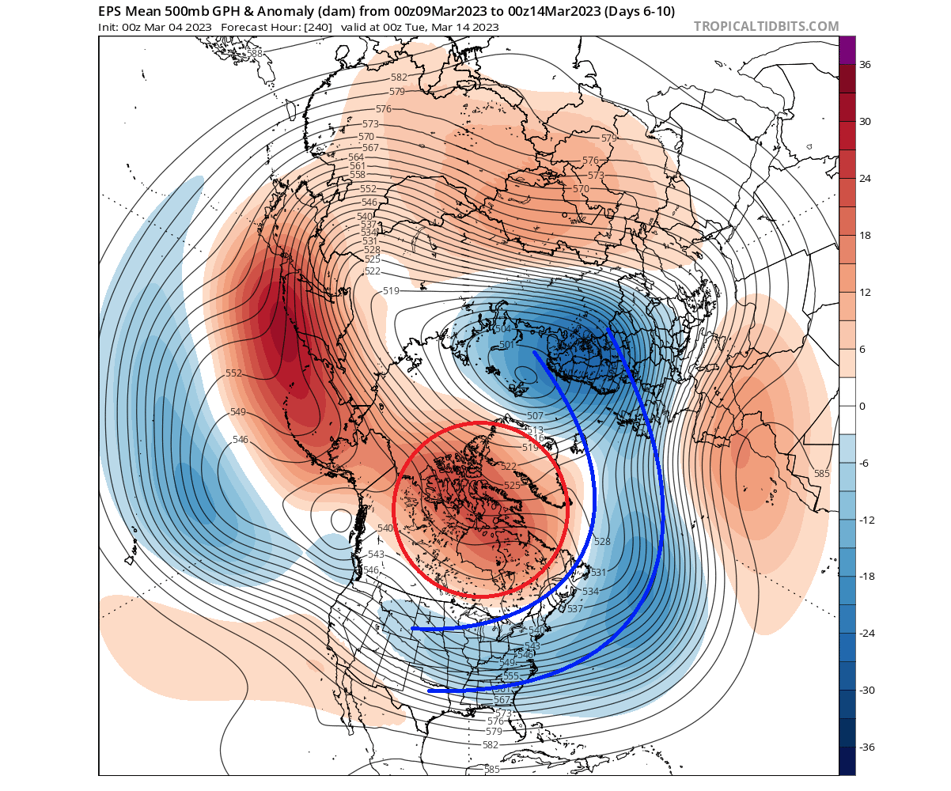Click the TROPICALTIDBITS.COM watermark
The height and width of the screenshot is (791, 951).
766,26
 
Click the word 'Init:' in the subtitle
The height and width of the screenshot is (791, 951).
110,27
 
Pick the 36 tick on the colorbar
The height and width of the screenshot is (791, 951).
865,65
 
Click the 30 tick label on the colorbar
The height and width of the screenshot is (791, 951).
865,121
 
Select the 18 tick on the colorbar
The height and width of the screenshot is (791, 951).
865,235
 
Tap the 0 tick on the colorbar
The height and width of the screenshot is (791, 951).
862,406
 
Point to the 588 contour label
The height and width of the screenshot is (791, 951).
255,54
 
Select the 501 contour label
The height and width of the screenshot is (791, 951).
507,346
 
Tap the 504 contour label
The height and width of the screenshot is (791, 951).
502,329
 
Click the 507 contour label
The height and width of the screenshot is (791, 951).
536,416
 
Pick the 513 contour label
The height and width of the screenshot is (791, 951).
536,430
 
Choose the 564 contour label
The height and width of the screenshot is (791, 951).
356,157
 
